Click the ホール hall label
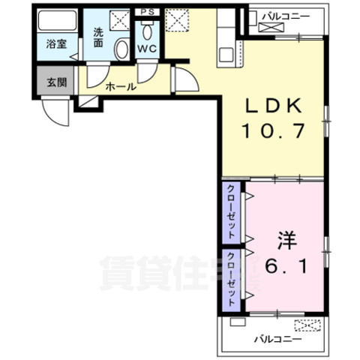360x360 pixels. [121, 87]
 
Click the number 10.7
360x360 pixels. [273, 133]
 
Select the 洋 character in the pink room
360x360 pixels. [287, 241]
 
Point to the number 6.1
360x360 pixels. [287, 266]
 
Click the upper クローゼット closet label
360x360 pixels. [232, 212]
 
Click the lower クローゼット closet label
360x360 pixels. [232, 278]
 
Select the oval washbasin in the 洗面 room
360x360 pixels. [121, 49]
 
